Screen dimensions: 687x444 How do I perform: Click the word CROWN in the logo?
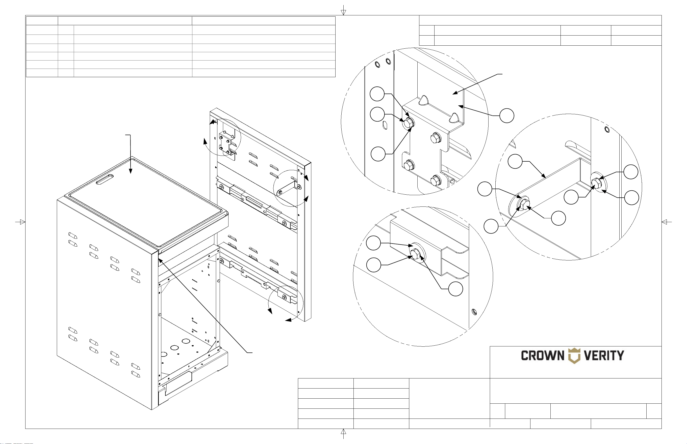point(543,356)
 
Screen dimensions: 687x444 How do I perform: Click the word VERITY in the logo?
point(604,356)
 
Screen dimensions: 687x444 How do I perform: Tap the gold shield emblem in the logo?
point(574,356)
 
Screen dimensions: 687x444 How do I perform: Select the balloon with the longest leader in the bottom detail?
point(455,289)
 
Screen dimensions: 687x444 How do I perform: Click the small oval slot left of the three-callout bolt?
point(385,125)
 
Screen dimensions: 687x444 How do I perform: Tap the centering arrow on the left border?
point(20,222)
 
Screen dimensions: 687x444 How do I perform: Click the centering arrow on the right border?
point(667,222)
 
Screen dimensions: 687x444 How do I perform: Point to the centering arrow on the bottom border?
point(343,434)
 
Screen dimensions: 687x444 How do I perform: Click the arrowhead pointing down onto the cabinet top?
point(131,171)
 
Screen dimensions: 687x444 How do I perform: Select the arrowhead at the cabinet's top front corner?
point(161,260)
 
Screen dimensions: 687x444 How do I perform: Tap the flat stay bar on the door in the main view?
point(287,187)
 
